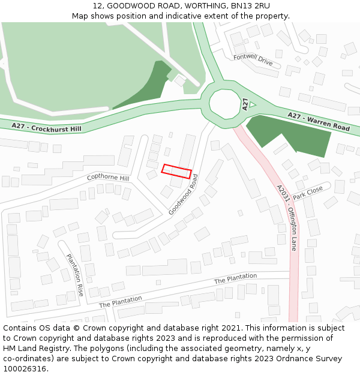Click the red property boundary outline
[x=176, y=171]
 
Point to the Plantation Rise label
[x=75, y=275]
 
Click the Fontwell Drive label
[x=253, y=60]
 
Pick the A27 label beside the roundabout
[x=245, y=104]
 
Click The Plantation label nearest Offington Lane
[x=235, y=278]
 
